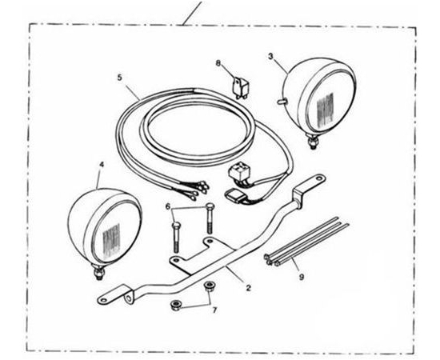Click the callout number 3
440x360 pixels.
pyautogui.click(x=270, y=56)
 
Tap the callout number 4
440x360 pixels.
pyautogui.click(x=102, y=165)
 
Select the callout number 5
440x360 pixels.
pyautogui.click(x=120, y=78)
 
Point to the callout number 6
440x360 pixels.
pyautogui.click(x=168, y=206)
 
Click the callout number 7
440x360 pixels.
pyautogui.click(x=214, y=310)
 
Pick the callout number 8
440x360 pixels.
pyautogui.click(x=218, y=63)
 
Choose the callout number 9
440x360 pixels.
pyautogui.click(x=302, y=278)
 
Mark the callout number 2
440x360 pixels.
pyautogui.click(x=248, y=288)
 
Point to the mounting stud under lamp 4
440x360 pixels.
pyautogui.click(x=99, y=273)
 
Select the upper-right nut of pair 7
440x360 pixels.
pyautogui.click(x=208, y=286)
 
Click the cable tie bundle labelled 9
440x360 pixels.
pyautogui.click(x=306, y=242)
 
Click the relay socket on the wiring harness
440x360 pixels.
pyautogui.click(x=238, y=174)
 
